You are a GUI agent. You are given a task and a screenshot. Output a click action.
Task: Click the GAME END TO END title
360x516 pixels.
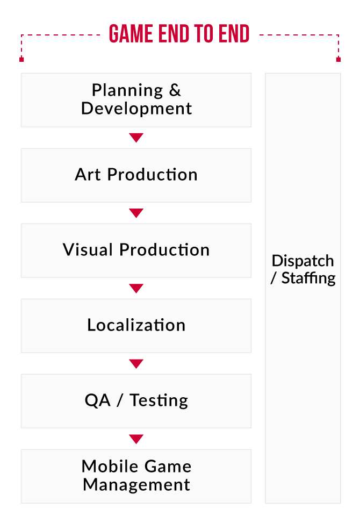tap(179, 35)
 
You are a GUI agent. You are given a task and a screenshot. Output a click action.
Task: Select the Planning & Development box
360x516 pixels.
tap(136, 99)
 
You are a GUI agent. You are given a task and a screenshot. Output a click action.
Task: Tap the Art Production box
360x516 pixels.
tap(136, 175)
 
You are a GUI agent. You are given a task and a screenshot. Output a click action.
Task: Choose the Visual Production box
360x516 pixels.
tap(136, 250)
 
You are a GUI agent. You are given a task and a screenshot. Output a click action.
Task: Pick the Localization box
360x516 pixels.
tap(136, 325)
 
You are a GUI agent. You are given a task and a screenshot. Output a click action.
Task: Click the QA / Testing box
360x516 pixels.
tap(136, 400)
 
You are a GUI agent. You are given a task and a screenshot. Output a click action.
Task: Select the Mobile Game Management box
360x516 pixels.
tap(136, 476)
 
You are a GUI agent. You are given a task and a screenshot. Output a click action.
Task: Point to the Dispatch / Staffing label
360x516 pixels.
tap(303, 269)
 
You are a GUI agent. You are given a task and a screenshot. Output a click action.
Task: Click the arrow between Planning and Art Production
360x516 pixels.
tap(136, 138)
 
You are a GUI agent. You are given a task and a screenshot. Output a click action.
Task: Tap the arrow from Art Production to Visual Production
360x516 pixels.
tap(136, 213)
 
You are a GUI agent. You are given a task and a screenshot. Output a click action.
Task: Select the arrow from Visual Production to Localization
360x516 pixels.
tap(136, 289)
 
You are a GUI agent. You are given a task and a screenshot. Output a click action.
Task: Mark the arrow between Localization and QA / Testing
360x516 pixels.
tap(136, 364)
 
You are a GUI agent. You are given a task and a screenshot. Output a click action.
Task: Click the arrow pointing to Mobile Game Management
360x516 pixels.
tap(136, 439)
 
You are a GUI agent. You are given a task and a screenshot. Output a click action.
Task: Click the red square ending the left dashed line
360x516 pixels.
tap(21, 59)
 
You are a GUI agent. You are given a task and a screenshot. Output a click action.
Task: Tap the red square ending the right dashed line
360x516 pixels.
tap(338, 59)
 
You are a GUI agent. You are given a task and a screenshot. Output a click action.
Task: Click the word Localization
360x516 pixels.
tap(136, 325)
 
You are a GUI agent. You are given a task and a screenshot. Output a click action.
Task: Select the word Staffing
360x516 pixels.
tap(308, 278)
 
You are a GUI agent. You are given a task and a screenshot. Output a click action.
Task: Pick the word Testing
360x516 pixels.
tap(159, 400)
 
